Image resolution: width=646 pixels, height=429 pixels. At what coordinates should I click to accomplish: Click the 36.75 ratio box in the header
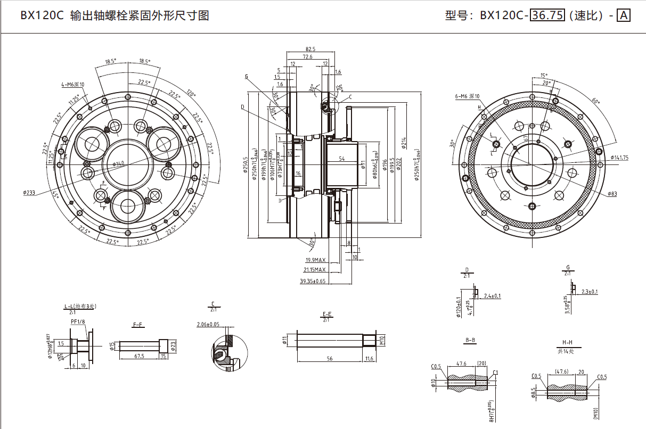pos(547,15)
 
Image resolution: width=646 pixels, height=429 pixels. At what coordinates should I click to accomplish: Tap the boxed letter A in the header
pos(623,15)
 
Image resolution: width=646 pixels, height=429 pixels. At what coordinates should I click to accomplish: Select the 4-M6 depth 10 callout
pos(73,84)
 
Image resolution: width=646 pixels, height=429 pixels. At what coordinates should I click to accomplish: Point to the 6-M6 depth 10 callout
pos(467,96)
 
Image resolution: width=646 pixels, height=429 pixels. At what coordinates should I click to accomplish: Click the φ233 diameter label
pos(29,193)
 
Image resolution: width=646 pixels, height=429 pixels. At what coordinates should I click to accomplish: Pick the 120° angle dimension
pos(191,91)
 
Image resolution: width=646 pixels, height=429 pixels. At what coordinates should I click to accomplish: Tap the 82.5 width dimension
pos(310,49)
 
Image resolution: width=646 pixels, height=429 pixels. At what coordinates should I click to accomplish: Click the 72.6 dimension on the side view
pos(308,56)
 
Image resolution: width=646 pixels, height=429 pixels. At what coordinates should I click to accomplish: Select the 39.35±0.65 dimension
pos(313,280)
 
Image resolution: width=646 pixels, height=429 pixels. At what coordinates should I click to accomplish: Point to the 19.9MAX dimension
pos(315,260)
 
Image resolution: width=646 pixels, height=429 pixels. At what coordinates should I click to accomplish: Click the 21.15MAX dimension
pos(314,270)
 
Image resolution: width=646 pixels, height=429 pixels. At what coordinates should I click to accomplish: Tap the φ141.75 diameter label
pos(620,158)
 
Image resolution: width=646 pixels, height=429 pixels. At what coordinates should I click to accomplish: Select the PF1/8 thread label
pos(78,321)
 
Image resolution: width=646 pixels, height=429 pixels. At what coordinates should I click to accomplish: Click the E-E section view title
pos(327,314)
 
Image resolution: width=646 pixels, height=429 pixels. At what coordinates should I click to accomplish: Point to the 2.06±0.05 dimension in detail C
pos(208,324)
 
